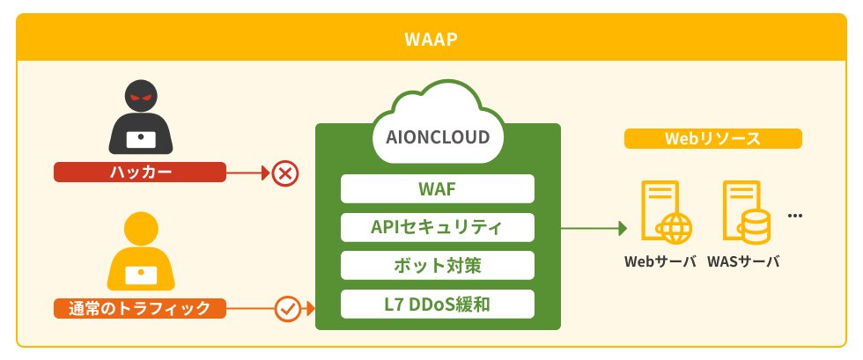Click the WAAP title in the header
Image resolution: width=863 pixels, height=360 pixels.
pyautogui.click(x=431, y=40)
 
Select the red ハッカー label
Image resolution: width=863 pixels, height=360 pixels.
pyautogui.click(x=140, y=173)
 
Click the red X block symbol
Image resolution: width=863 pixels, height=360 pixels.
pyautogui.click(x=284, y=173)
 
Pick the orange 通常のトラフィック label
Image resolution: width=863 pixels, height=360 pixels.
pyautogui.click(x=140, y=308)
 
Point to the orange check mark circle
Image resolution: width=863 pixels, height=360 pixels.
pyautogui.click(x=288, y=308)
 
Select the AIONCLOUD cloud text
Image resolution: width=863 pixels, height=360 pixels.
pyautogui.click(x=438, y=137)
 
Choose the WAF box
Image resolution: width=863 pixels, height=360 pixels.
pyautogui.click(x=438, y=188)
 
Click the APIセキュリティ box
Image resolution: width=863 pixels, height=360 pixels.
pyautogui.click(x=438, y=227)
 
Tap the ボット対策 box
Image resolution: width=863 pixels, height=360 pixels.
pyautogui.click(x=438, y=265)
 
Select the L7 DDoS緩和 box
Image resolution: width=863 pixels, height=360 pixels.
pyautogui.click(x=438, y=304)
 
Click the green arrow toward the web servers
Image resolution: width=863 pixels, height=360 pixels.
pyautogui.click(x=594, y=228)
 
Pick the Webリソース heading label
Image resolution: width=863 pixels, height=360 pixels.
pyautogui.click(x=712, y=139)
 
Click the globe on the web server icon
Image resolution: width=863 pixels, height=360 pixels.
pyautogui.click(x=675, y=227)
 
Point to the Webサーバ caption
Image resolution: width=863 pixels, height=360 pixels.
pyautogui.click(x=660, y=261)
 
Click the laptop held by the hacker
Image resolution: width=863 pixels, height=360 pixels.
pyautogui.click(x=141, y=138)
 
